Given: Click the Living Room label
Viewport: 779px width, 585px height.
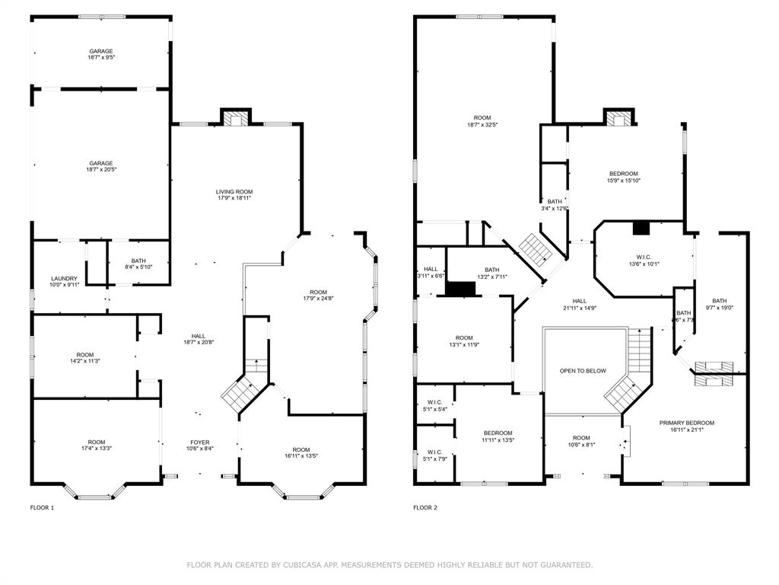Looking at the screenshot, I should pyautogui.click(x=234, y=192).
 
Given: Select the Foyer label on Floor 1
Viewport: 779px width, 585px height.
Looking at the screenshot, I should pyautogui.click(x=201, y=442).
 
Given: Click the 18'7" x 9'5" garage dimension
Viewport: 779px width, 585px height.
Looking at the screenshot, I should pyautogui.click(x=101, y=58).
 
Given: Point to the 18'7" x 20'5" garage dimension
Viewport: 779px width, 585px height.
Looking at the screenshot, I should pyautogui.click(x=101, y=170).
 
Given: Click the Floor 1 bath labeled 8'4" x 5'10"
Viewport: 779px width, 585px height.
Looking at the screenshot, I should pyautogui.click(x=138, y=264).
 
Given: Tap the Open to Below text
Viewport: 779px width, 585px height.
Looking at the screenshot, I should pyautogui.click(x=583, y=371).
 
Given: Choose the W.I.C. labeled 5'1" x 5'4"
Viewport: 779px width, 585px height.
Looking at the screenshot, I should pyautogui.click(x=435, y=405).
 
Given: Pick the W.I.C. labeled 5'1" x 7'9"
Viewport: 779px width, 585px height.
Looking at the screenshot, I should pyautogui.click(x=435, y=455).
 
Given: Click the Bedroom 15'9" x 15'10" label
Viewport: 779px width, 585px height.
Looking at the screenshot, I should pyautogui.click(x=623, y=177).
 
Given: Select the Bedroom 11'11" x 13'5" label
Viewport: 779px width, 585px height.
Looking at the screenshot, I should pyautogui.click(x=498, y=436).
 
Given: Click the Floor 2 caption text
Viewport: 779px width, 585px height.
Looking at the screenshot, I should pyautogui.click(x=425, y=507).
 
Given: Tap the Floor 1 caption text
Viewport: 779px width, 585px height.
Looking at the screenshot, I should pyautogui.click(x=42, y=507).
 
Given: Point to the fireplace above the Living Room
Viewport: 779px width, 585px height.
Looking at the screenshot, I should pyautogui.click(x=236, y=117).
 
